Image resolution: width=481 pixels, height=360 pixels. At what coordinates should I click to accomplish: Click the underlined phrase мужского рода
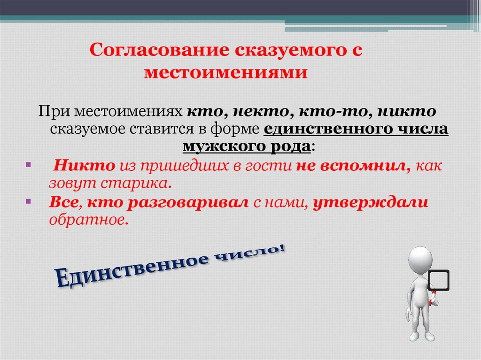point(247,146)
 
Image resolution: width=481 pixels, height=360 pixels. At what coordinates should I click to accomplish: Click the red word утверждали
point(371,203)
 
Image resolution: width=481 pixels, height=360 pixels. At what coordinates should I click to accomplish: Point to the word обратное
point(88,220)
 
